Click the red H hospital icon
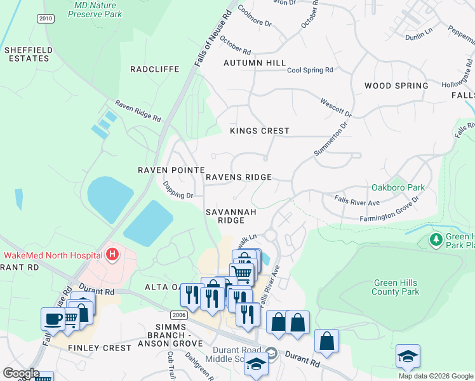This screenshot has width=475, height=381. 112,255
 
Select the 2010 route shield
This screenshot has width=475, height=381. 45,18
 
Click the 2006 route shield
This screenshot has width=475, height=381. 179,314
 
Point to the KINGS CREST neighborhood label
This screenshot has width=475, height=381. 259,131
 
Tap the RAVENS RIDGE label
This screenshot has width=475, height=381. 239,177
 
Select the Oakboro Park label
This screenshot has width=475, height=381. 398,188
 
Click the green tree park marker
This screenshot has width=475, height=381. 436,239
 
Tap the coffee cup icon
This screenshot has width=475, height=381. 52,317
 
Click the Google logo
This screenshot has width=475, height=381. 20,373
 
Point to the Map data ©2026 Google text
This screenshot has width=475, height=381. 435,376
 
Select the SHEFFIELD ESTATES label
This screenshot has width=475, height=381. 27,54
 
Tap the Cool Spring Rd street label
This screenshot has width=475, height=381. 310,70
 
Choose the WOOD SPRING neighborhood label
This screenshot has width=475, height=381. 396,86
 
